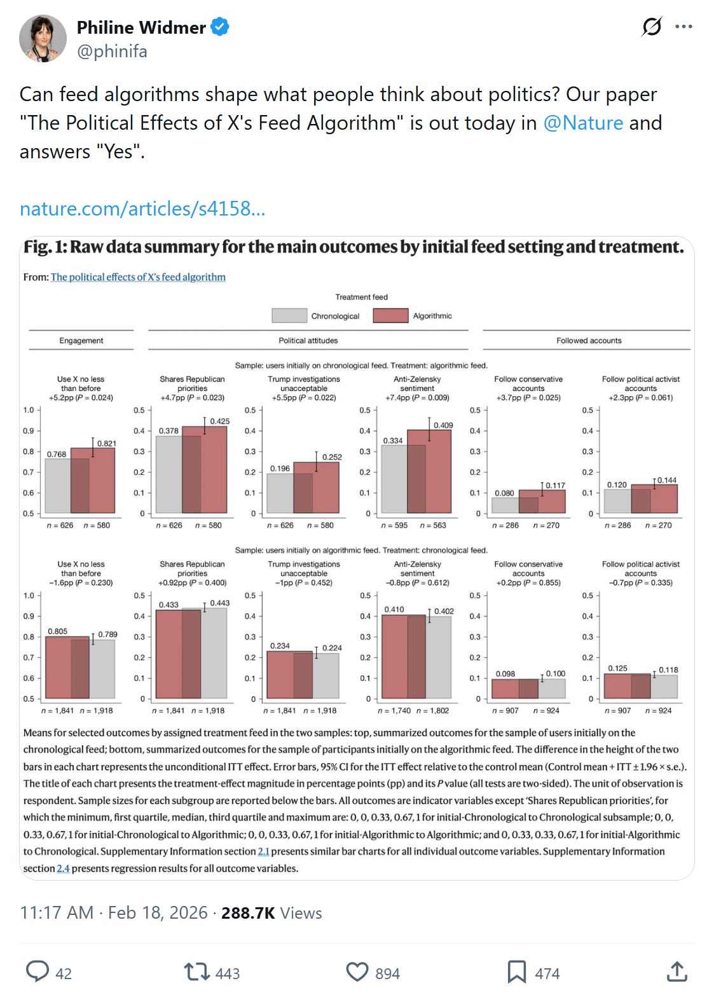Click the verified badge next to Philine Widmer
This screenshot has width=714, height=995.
[x=220, y=27]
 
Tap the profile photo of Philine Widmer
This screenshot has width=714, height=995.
[x=43, y=38]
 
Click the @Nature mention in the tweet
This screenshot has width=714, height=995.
[x=583, y=122]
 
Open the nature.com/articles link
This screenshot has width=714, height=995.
[x=142, y=209]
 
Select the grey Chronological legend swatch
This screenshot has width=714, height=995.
[x=289, y=315]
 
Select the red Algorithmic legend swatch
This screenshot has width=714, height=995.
[x=390, y=315]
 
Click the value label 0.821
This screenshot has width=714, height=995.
[x=106, y=444]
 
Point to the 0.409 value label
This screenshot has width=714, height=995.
[x=443, y=425]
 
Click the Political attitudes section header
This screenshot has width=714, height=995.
[x=308, y=341]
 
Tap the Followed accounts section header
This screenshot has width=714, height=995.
[x=589, y=341]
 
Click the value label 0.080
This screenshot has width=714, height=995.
[x=504, y=493]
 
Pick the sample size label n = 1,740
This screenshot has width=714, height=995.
[x=394, y=711]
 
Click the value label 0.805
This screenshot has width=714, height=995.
[x=57, y=631]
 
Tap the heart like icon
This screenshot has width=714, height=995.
[x=357, y=972]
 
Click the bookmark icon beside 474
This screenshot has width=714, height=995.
[x=516, y=972]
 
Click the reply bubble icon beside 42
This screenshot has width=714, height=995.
[x=37, y=972]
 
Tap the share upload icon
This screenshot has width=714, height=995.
[x=677, y=972]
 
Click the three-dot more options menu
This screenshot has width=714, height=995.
[x=683, y=27]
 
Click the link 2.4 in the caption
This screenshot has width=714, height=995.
[x=63, y=868]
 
